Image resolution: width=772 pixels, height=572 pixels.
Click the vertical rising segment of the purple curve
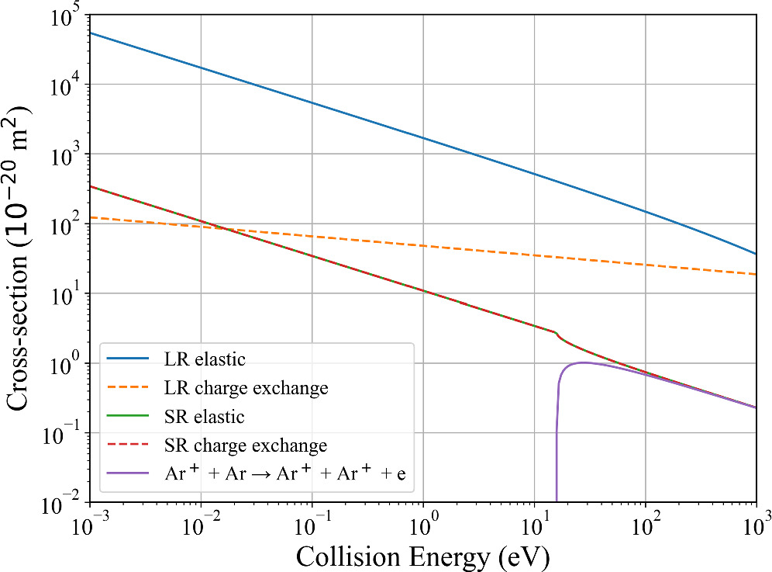[x=557, y=442]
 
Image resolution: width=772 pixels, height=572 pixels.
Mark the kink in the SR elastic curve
[x=557, y=333]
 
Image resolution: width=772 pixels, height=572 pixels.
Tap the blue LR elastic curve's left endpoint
[x=91, y=33]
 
